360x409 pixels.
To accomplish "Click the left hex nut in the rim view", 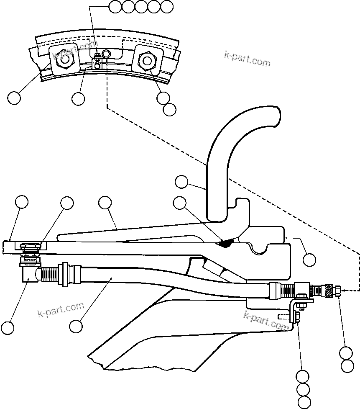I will pyautogui.click(x=64, y=61).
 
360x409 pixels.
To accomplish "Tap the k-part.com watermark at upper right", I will pyautogui.click(x=248, y=59).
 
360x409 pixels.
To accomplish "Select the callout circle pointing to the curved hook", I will pyautogui.click(x=181, y=182).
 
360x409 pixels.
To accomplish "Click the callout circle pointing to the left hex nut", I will pyautogui.click(x=14, y=98).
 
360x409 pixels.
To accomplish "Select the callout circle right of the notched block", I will pyautogui.click(x=309, y=260).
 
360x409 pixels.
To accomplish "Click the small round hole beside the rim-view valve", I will pyautogui.click(x=106, y=53).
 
